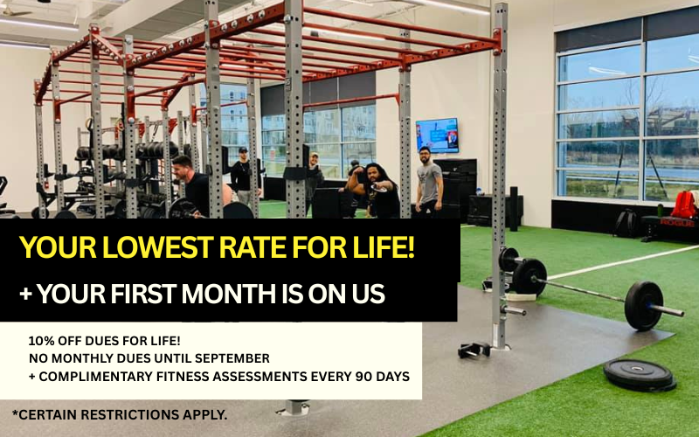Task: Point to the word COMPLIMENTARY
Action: tap(96, 377)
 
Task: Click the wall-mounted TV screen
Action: tap(437, 135)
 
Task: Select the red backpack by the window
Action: tap(684, 205)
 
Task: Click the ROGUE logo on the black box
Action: tap(677, 222)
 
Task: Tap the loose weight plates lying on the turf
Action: tap(640, 376)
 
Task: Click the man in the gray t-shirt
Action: tap(428, 182)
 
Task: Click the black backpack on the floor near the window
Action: tap(626, 223)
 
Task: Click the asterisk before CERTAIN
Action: tap(15, 413)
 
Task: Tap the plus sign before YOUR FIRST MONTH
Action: tap(26, 295)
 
